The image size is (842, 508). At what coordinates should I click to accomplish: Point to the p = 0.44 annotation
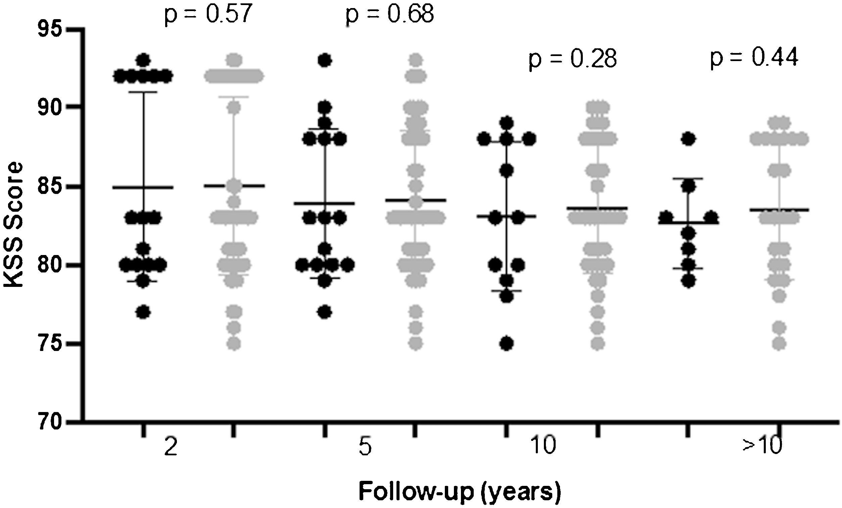click(x=754, y=58)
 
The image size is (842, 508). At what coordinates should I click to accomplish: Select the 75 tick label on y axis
click(x=50, y=344)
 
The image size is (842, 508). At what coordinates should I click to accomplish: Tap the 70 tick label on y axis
click(x=50, y=422)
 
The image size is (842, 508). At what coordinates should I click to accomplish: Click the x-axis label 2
click(x=171, y=447)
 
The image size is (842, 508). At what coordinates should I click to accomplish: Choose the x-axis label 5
click(x=365, y=447)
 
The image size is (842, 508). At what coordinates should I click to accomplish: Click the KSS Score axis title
click(x=14, y=225)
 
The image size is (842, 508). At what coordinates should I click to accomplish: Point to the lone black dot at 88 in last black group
click(x=688, y=139)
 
